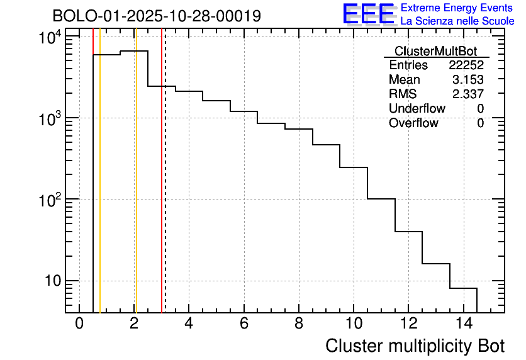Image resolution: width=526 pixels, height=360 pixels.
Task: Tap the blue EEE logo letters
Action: [369, 14]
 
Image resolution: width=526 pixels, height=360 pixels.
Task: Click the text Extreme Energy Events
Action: [457, 8]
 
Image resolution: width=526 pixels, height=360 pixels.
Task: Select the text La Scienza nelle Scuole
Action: [457, 21]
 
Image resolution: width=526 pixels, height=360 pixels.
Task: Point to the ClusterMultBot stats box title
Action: [435, 51]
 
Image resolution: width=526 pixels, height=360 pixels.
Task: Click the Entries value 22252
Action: [466, 65]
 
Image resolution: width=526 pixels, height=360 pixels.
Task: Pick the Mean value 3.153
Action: [469, 80]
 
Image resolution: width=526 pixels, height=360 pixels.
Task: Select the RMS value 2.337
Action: [469, 94]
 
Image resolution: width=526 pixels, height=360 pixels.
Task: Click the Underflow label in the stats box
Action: [417, 109]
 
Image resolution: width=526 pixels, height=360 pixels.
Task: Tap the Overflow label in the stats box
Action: [413, 123]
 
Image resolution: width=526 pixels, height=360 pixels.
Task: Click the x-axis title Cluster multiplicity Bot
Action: [415, 346]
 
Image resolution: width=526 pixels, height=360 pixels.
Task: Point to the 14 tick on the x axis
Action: [462, 323]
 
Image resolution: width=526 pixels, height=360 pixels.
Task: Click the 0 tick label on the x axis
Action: [79, 323]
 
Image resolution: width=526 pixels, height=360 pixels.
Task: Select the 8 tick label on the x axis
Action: [298, 323]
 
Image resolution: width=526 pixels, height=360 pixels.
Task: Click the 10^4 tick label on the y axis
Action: [50, 38]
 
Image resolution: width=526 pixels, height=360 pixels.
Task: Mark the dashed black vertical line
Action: [165, 189]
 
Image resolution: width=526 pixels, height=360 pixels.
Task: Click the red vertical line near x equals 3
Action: [161, 189]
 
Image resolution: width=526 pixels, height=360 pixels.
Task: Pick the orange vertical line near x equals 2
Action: [136, 189]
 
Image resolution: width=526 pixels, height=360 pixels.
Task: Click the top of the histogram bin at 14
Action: [463, 288]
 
